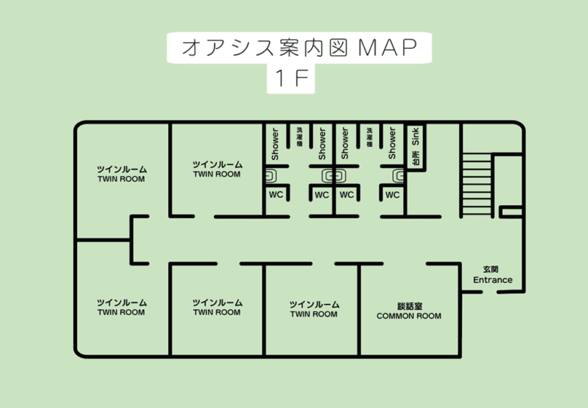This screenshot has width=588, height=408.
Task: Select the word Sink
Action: click(416, 138)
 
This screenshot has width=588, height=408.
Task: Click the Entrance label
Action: click(492, 280)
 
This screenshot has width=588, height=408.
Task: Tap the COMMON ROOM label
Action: click(409, 316)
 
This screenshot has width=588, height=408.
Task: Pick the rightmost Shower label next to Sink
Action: click(392, 143)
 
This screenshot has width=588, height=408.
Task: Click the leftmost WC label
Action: click(275, 195)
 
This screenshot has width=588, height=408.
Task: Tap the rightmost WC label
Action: click(392, 195)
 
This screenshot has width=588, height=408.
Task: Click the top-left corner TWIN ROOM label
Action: click(121, 179)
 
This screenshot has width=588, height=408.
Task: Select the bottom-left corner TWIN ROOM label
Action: click(121, 312)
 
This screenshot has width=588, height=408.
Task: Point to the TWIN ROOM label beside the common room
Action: click(314, 314)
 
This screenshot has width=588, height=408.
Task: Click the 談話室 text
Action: click(409, 306)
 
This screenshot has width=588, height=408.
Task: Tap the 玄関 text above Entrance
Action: click(492, 269)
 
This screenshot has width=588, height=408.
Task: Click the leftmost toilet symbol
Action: click(271, 176)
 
